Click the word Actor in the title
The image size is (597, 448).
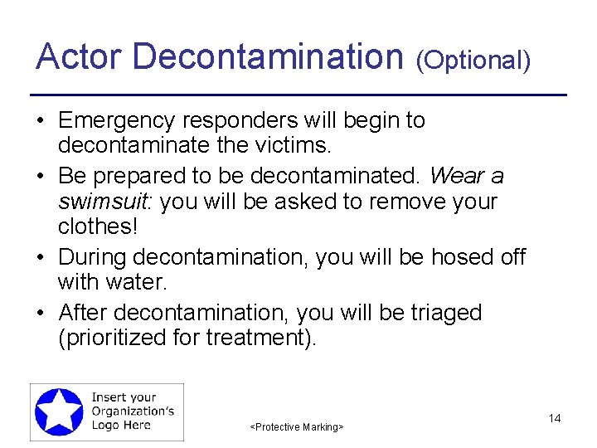(79, 57)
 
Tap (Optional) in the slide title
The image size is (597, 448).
(473, 61)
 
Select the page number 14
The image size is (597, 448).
(555, 418)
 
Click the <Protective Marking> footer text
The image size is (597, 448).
(297, 426)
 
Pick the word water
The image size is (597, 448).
(137, 283)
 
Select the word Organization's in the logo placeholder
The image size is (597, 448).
(133, 411)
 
